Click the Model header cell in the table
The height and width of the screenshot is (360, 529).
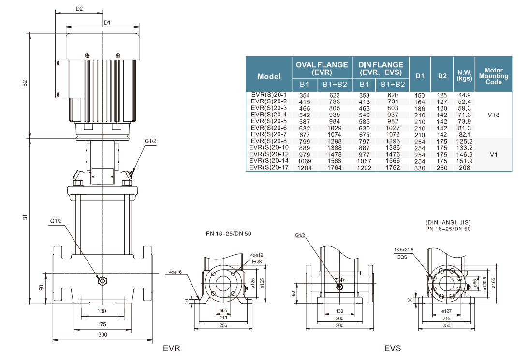pyautogui.click(x=269, y=76)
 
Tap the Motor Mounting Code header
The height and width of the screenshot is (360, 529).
pyautogui.click(x=493, y=76)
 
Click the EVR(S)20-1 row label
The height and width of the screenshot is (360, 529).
pyautogui.click(x=269, y=95)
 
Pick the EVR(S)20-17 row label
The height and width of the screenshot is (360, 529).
pyautogui.click(x=269, y=167)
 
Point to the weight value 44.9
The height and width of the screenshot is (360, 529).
pyautogui.click(x=464, y=95)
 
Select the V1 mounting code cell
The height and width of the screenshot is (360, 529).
pyautogui.click(x=494, y=154)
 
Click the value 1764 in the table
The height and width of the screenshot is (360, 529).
pyautogui.click(x=334, y=168)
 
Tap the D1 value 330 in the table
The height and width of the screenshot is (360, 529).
pyautogui.click(x=420, y=168)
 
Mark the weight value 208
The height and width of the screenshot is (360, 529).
pyautogui.click(x=464, y=168)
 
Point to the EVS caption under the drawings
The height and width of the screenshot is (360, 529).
pyautogui.click(x=393, y=348)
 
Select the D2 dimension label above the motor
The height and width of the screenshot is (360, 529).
pyautogui.click(x=79, y=9)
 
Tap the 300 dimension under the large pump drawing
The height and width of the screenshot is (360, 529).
pyautogui.click(x=102, y=334)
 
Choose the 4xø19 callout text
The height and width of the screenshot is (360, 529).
pyautogui.click(x=256, y=254)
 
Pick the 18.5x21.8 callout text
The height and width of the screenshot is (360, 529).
pyautogui.click(x=404, y=249)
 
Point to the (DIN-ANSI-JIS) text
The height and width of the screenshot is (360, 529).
pyautogui.click(x=447, y=223)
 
